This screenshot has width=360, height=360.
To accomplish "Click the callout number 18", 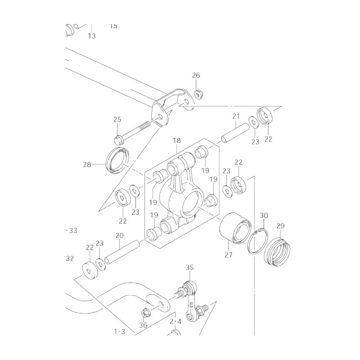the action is (177, 140).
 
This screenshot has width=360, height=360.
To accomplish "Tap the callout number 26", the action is (196, 75).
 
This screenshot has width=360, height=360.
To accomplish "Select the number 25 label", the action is (117, 119).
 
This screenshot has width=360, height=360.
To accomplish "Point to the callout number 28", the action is (87, 164).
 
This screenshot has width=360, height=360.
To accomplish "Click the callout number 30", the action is (264, 215).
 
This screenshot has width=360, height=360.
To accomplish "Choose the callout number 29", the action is (280, 226).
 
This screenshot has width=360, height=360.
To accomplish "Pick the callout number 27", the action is (228, 255).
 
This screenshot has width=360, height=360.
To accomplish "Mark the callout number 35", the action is (189, 267).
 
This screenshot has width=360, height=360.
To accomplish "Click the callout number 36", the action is (143, 325).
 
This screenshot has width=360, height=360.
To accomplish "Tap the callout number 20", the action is (119, 235).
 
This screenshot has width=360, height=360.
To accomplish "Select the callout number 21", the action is (236, 116).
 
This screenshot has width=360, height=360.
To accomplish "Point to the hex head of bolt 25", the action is (118, 140).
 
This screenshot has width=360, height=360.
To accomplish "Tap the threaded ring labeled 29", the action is (277, 252).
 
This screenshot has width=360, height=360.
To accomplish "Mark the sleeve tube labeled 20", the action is (122, 252).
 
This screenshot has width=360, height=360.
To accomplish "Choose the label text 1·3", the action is (119, 332).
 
